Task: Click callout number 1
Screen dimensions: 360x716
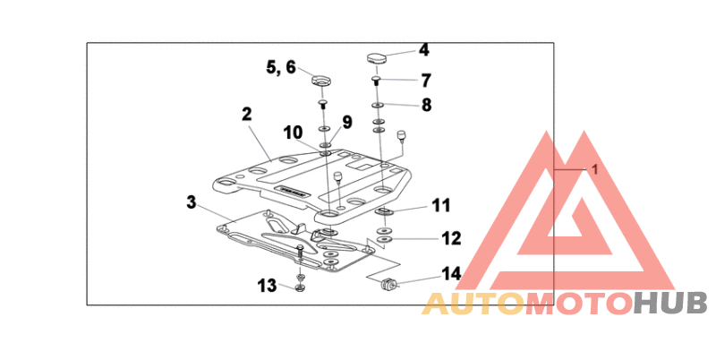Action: pyautogui.click(x=592, y=169)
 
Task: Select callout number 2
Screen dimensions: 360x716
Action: pyautogui.click(x=246, y=115)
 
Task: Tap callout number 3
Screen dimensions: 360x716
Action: pyautogui.click(x=191, y=202)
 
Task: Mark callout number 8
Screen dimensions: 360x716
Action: pyautogui.click(x=427, y=105)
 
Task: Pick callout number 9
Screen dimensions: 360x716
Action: pyautogui.click(x=346, y=122)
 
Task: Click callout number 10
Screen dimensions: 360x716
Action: pyautogui.click(x=294, y=133)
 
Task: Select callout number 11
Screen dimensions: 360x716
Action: pyautogui.click(x=439, y=206)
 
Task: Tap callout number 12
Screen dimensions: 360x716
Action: pyautogui.click(x=450, y=238)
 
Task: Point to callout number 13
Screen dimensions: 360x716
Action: pyautogui.click(x=267, y=286)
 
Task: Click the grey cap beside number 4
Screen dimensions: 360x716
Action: pyautogui.click(x=376, y=58)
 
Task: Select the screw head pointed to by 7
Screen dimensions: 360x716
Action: pyautogui.click(x=377, y=81)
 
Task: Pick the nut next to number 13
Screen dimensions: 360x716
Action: pyautogui.click(x=300, y=287)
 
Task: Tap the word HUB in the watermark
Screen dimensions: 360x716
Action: pyautogui.click(x=670, y=304)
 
